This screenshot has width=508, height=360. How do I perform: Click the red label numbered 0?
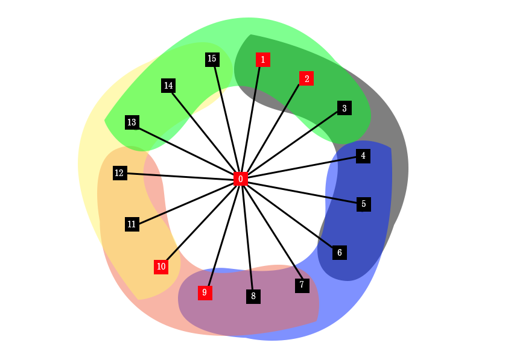tap(241, 179)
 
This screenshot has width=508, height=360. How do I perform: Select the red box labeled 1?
tap(262, 60)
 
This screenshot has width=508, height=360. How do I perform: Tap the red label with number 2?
tap(306, 78)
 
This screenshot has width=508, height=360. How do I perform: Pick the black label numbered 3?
tap(344, 109)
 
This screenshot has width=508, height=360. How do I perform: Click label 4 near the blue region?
tap(363, 156)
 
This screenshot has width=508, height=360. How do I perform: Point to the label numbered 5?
tap(364, 204)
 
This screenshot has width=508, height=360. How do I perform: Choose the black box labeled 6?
tap(340, 253)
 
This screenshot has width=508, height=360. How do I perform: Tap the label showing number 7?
tap(302, 285)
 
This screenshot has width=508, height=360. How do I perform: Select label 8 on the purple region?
tap(253, 296)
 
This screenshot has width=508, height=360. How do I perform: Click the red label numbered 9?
tap(205, 293)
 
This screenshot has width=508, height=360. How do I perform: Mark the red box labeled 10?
tap(161, 267)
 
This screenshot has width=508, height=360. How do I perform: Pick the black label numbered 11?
tap(132, 224)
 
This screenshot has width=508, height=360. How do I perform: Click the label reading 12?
tap(119, 173)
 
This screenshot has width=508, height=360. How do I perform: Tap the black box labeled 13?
tap(132, 122)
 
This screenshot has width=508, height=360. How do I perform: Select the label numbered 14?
tap(168, 86)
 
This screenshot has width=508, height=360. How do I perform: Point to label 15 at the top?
tap(212, 58)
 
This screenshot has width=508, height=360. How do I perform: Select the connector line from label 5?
tap(341, 200)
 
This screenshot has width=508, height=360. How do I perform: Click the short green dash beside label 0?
tap(252, 180)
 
